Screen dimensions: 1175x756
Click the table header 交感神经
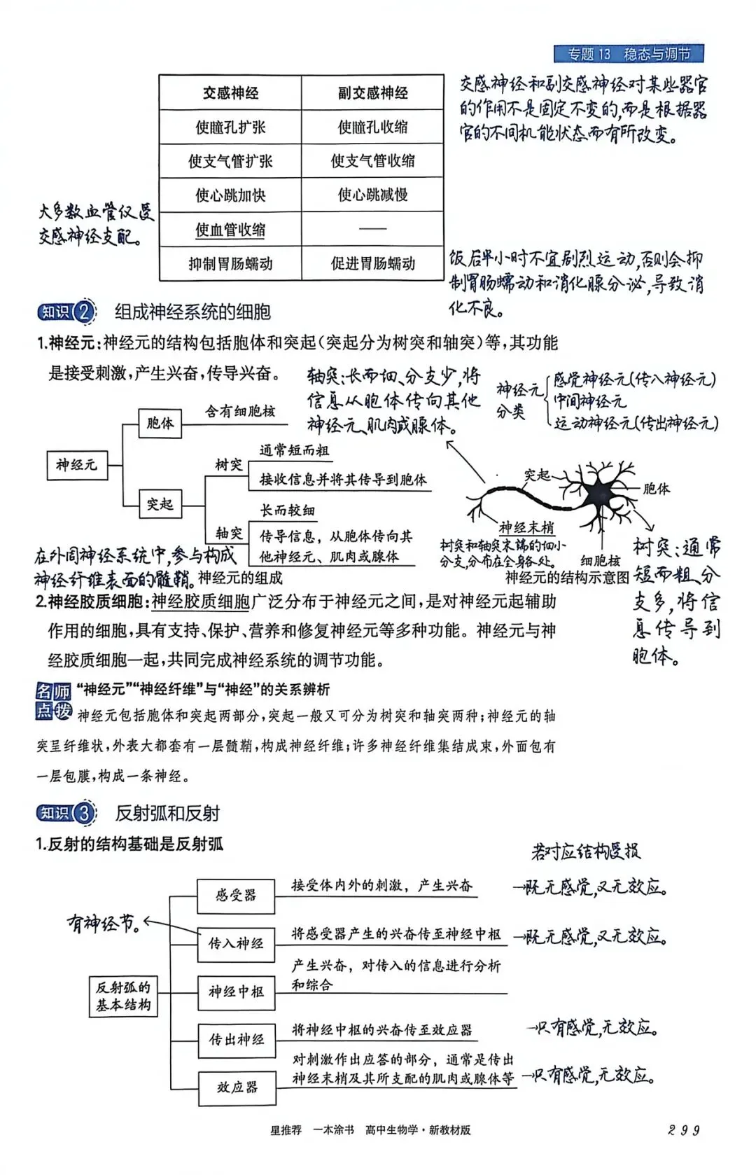pos(230,92)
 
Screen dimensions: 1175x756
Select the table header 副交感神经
pos(372,92)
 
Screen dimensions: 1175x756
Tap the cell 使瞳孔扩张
pos(230,127)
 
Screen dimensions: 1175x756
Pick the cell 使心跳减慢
pos(372,195)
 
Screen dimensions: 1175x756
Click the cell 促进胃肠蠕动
pos(372,263)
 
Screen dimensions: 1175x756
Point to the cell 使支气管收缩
pos(372,160)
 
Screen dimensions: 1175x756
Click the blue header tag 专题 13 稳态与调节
pos(628,54)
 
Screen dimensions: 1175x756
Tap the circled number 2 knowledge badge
pos(83,312)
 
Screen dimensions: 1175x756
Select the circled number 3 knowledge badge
pos(83,813)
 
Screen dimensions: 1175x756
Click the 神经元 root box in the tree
pos(77,464)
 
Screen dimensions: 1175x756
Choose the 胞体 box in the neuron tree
pos(160,424)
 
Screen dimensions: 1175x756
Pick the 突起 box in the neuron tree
pos(160,503)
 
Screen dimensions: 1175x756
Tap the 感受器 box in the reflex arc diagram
pos(236,896)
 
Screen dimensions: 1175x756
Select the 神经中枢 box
pos(236,992)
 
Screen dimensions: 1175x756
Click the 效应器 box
pos(236,1087)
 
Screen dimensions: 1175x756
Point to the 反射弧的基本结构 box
pos(123,996)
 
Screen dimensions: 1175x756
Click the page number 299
pos(683,1129)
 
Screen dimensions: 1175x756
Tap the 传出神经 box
pos(236,1040)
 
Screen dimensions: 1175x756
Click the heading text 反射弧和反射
pos(167,813)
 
